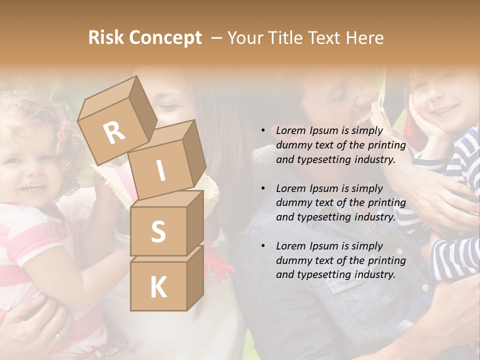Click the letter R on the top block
pos(114,132)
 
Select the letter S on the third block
pos(158,231)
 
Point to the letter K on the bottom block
pos(158,287)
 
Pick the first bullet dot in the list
pos(263,131)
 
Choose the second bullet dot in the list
pos(263,188)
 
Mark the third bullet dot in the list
pos(263,246)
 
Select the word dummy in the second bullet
pos(292,202)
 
